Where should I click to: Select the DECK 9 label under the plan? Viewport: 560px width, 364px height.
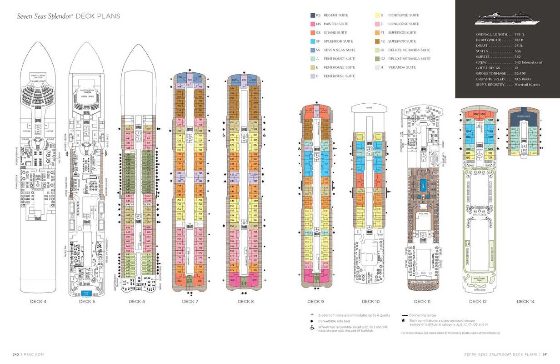click(x=315, y=301)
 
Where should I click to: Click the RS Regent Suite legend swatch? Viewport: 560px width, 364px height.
click(x=313, y=15)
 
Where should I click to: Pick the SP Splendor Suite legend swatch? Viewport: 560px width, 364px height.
click(x=313, y=41)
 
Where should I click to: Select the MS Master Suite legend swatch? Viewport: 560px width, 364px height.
click(x=313, y=24)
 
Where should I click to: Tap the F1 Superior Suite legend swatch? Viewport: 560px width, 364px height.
click(x=377, y=33)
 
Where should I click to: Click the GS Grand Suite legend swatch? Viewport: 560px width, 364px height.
click(x=313, y=33)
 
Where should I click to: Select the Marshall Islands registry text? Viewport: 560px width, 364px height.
click(x=527, y=85)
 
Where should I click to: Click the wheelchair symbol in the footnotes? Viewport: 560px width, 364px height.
click(x=312, y=328)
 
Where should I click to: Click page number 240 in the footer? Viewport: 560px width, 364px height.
click(x=15, y=354)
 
